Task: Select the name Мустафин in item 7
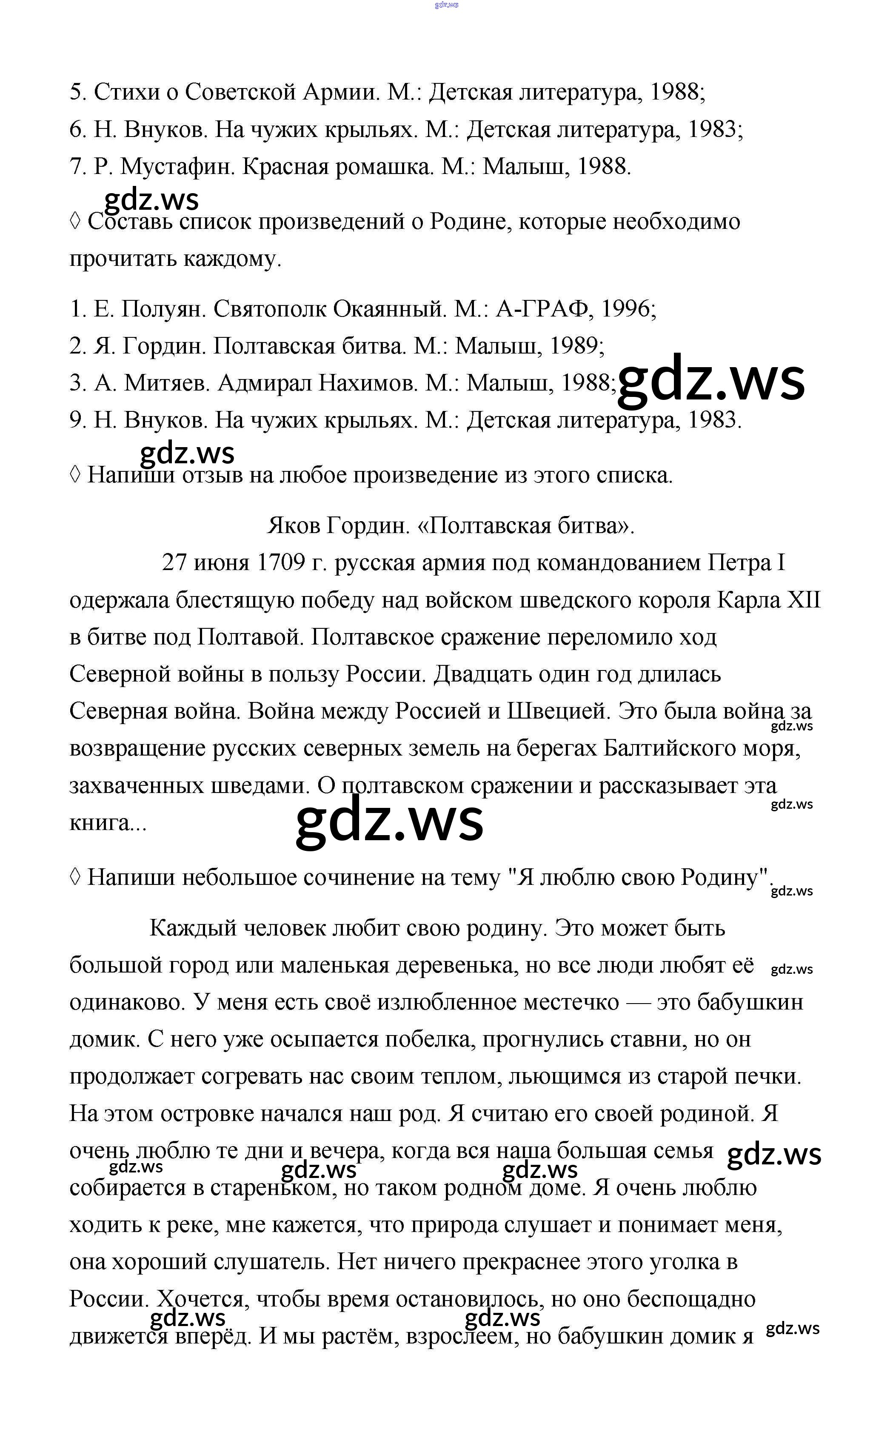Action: tap(177, 167)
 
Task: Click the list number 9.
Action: tap(76, 420)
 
